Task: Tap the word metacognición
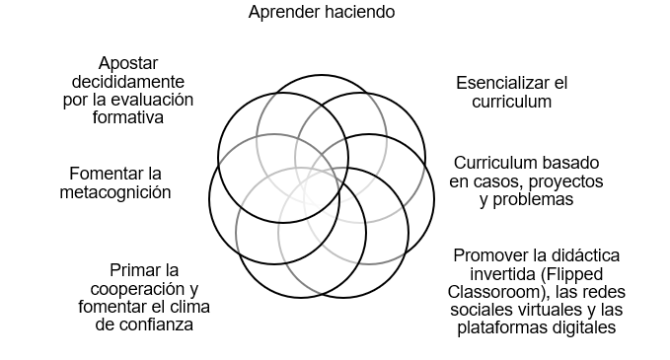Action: (115, 192)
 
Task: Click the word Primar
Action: (131, 270)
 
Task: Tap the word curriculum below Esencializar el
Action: (511, 102)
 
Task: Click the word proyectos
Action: (564, 181)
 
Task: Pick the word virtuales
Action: (547, 311)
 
